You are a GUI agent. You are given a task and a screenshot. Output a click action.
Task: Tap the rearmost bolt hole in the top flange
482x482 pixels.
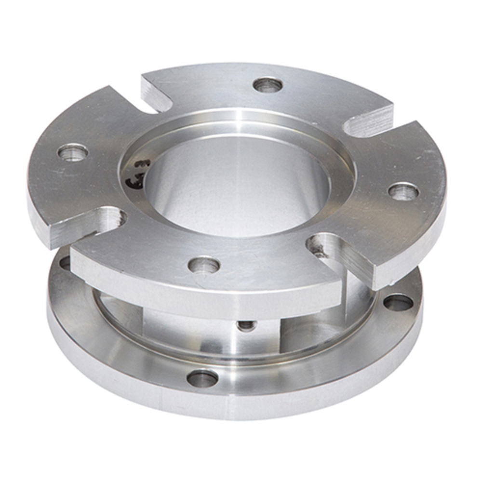coord(268,85)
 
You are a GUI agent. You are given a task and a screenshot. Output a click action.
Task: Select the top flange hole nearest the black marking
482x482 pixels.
coord(73,153)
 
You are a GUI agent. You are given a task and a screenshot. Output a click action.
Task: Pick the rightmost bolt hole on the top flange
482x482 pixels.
coord(403,192)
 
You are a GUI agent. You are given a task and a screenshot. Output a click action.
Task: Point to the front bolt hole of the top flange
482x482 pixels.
coord(204,265)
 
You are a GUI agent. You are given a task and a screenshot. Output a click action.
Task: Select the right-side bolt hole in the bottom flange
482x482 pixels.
coord(398,303)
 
